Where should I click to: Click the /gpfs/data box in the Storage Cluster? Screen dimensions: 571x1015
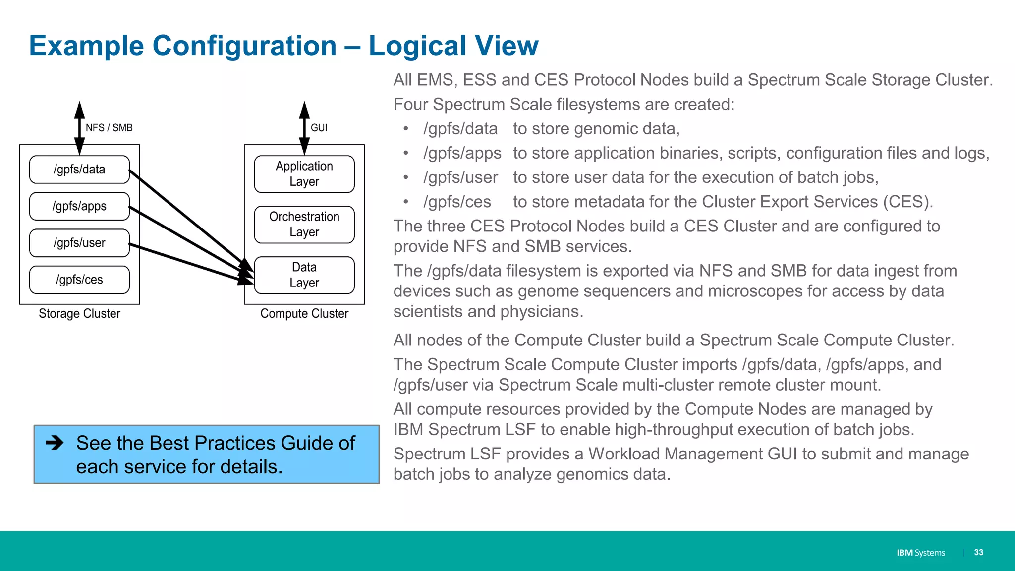[x=79, y=170]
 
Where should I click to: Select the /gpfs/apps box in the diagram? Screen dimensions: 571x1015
[x=79, y=206]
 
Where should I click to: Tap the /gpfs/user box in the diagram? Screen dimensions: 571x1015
[x=79, y=243]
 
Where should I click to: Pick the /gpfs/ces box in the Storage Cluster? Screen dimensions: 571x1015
[x=79, y=280]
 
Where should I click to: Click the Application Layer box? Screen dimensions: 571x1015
[x=304, y=174]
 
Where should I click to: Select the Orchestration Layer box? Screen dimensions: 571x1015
[x=304, y=225]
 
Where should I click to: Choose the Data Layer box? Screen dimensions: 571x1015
[x=304, y=275]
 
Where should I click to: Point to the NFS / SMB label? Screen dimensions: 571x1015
[x=109, y=128]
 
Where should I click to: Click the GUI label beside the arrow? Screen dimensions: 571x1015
[x=319, y=128]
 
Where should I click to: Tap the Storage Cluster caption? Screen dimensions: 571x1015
[x=79, y=314]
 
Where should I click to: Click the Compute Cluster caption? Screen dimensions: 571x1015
[x=304, y=314]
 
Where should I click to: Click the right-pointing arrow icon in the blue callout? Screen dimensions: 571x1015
[x=55, y=442]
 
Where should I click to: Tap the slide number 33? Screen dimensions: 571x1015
[x=978, y=552]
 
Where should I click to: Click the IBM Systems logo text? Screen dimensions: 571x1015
[x=920, y=553]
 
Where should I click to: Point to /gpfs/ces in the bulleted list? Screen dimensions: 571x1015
[x=457, y=202]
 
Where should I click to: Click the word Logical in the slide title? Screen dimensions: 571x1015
[x=417, y=46]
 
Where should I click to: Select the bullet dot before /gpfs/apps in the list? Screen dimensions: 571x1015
[x=406, y=153]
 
